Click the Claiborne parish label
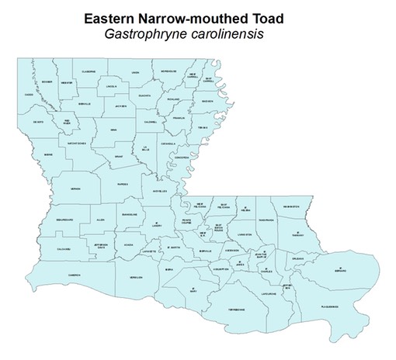88,71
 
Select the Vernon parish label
75,189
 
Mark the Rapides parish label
121,185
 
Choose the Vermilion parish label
136,276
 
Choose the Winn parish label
114,130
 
